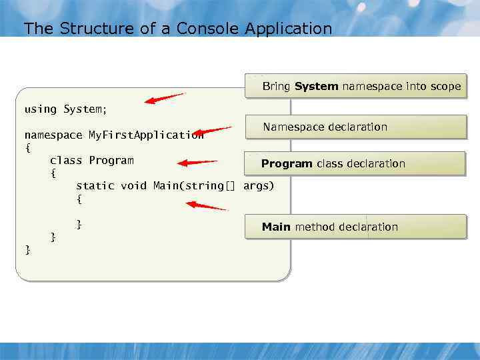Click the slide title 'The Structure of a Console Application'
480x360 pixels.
(177, 29)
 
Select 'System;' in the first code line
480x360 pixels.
(85, 109)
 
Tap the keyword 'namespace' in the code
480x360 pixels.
(53, 135)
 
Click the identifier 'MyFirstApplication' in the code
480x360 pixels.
(146, 135)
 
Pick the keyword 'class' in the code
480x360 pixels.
(66, 160)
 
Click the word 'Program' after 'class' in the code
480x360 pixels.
(111, 160)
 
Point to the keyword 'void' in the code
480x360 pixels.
(133, 185)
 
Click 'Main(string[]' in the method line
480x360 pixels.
(194, 185)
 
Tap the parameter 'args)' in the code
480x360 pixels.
(259, 185)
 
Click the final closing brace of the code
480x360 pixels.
(27, 249)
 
